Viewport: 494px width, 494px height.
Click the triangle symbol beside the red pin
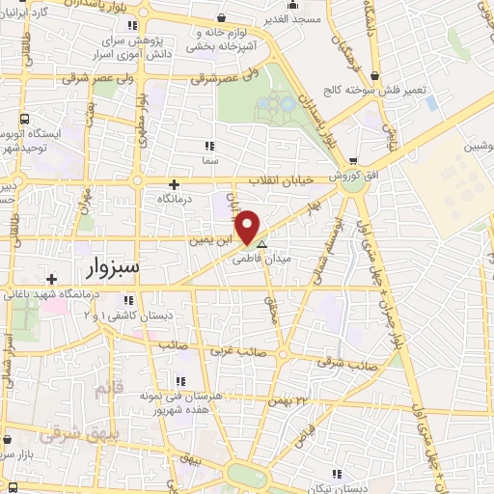[x=261, y=244]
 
